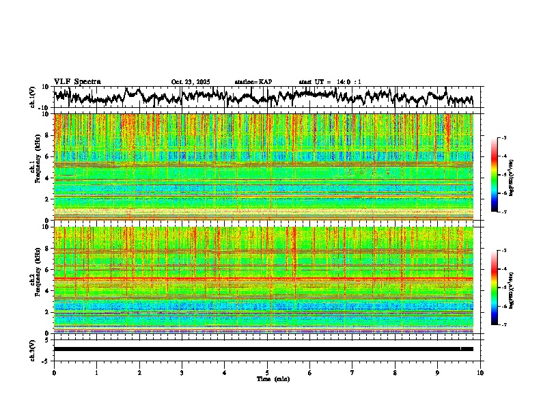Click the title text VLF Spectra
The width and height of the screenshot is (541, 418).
[77, 81]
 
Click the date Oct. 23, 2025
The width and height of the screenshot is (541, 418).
[191, 82]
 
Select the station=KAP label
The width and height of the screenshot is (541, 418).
[253, 82]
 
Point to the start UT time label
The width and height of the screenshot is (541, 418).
[330, 82]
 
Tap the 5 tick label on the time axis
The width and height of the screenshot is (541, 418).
[267, 373]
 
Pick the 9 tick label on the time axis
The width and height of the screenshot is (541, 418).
[438, 373]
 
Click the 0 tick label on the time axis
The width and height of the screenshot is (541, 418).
[54, 373]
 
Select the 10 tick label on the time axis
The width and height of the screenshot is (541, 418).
[481, 373]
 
